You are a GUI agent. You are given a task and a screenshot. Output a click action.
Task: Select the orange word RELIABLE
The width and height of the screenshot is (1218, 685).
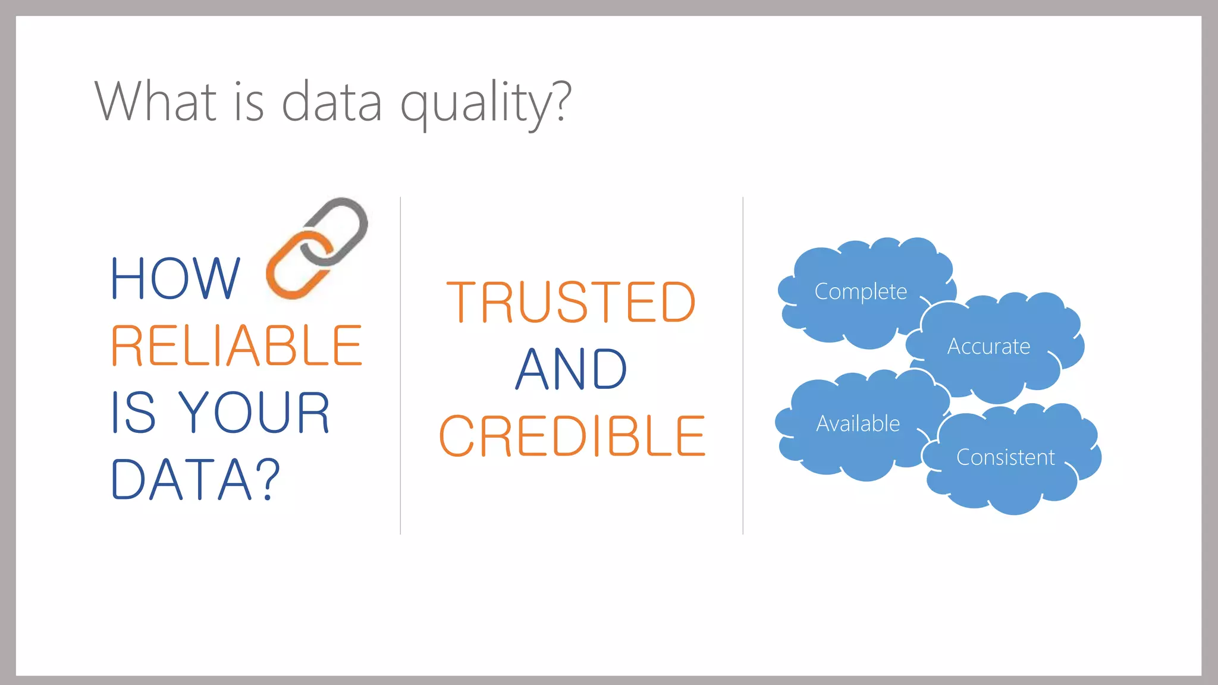click(x=236, y=346)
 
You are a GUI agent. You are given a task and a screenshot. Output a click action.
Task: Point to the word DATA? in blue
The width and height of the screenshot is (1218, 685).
click(x=195, y=480)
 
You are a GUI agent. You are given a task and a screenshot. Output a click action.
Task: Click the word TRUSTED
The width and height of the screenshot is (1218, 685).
click(x=571, y=303)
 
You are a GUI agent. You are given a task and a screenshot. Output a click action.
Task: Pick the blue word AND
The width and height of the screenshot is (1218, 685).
click(x=571, y=369)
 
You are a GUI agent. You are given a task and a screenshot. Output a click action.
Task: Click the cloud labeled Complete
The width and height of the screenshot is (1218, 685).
click(x=860, y=291)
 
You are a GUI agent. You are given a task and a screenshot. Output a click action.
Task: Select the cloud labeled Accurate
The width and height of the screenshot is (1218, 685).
click(x=988, y=346)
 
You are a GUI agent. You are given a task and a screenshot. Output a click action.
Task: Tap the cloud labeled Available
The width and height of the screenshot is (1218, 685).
click(x=857, y=423)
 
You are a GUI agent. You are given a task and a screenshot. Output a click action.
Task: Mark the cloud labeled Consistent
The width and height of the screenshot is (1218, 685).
click(x=1005, y=457)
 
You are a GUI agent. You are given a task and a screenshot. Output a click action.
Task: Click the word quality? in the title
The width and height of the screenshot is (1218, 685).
click(x=485, y=102)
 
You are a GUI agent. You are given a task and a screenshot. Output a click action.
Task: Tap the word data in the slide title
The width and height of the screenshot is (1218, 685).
click(x=331, y=102)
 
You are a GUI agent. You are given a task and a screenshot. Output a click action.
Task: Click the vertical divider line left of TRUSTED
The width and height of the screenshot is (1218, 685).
click(x=400, y=366)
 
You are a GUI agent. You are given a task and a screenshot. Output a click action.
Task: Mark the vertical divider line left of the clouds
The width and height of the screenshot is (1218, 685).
click(x=743, y=366)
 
